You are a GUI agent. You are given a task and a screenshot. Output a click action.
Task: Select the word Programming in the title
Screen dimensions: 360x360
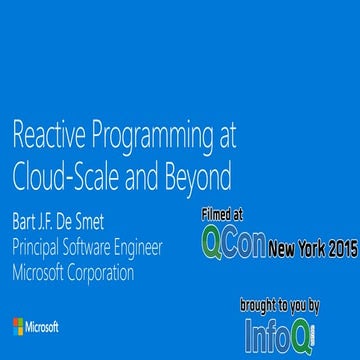(150, 136)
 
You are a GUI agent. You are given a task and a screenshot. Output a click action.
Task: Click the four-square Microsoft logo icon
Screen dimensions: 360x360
(19, 327)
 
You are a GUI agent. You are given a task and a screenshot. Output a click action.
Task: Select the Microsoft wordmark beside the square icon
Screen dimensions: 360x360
(42, 327)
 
